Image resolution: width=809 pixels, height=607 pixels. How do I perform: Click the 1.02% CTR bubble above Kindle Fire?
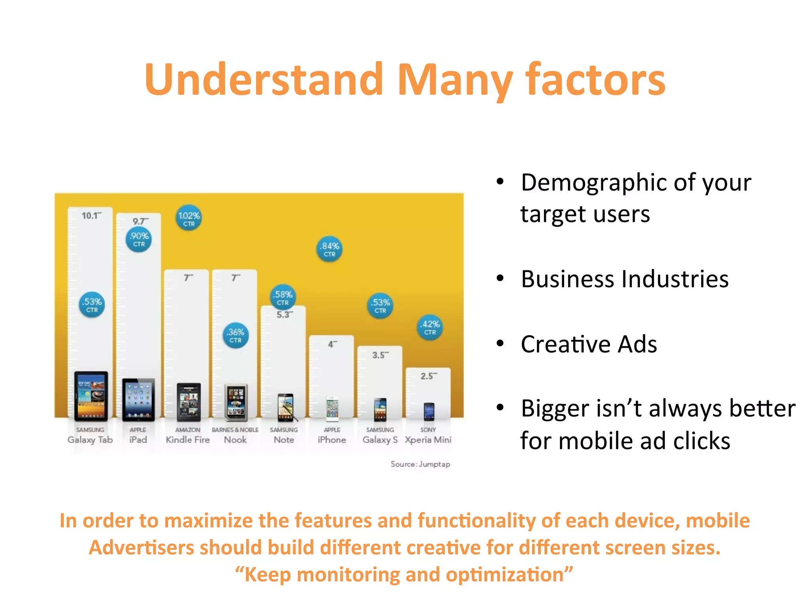click(x=189, y=218)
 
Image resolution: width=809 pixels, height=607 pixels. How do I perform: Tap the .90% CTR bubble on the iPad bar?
click(x=139, y=239)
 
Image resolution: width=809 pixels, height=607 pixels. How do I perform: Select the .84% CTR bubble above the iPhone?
click(x=329, y=249)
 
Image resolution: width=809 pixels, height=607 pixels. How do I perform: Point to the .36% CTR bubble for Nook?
click(x=236, y=335)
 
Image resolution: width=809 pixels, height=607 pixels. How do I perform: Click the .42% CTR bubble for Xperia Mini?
click(x=430, y=327)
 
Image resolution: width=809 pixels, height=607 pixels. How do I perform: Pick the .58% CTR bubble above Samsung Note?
click(x=283, y=297)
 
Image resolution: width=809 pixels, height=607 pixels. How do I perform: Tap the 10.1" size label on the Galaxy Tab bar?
click(x=91, y=216)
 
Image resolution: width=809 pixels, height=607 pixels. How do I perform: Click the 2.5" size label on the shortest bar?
click(x=429, y=376)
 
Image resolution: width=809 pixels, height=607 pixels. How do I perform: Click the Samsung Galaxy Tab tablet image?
click(x=91, y=396)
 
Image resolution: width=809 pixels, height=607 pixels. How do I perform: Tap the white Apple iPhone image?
click(x=332, y=409)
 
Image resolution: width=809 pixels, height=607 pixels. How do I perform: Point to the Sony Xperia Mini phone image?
click(x=429, y=411)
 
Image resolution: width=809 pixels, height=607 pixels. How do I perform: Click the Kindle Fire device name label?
click(x=188, y=440)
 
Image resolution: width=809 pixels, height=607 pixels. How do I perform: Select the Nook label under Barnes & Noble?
click(x=235, y=440)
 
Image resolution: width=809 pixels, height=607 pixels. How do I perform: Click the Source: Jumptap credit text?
click(x=420, y=464)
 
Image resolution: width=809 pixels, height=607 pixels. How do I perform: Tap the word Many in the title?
click(x=455, y=81)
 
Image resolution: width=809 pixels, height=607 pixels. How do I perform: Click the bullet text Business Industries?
click(x=624, y=279)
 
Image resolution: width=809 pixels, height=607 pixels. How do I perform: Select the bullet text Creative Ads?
click(x=589, y=344)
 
